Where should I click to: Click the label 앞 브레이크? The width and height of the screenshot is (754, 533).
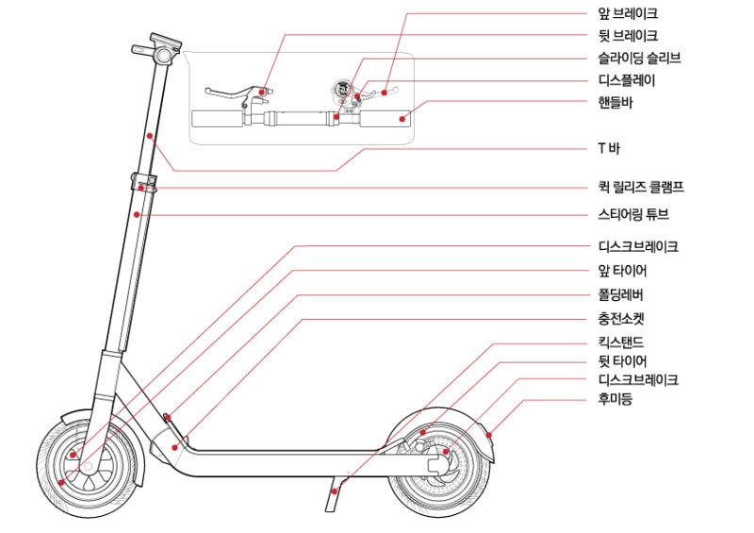click(x=628, y=13)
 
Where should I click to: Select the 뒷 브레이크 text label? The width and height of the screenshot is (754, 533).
click(x=628, y=36)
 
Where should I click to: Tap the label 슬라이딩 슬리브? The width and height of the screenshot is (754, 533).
click(x=639, y=58)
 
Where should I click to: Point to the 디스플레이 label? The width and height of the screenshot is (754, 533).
click(x=627, y=80)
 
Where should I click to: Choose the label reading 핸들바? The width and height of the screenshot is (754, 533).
click(x=615, y=102)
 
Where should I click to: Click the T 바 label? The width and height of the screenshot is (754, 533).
click(x=609, y=148)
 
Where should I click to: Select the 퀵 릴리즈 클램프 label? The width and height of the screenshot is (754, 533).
click(x=641, y=187)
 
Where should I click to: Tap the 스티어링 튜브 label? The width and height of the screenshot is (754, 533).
click(x=633, y=214)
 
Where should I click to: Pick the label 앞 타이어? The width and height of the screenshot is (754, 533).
click(x=622, y=271)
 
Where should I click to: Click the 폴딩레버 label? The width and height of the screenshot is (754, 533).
click(x=620, y=294)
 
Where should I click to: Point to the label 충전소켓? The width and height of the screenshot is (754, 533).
click(x=621, y=318)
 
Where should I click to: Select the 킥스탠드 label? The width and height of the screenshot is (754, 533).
click(x=621, y=342)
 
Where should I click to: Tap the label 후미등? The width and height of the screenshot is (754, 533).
click(x=615, y=399)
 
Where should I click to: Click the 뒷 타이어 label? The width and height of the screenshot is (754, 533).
click(x=622, y=360)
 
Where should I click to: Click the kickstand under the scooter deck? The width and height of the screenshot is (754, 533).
click(x=336, y=493)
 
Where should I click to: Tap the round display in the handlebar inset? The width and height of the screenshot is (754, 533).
click(x=341, y=89)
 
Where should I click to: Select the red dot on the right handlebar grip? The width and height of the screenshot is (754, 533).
click(x=402, y=119)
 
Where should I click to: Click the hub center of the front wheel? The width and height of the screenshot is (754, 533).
click(x=88, y=467)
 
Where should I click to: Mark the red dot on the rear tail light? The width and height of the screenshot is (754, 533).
click(x=488, y=435)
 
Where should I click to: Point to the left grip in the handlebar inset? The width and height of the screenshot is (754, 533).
click(x=218, y=120)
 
